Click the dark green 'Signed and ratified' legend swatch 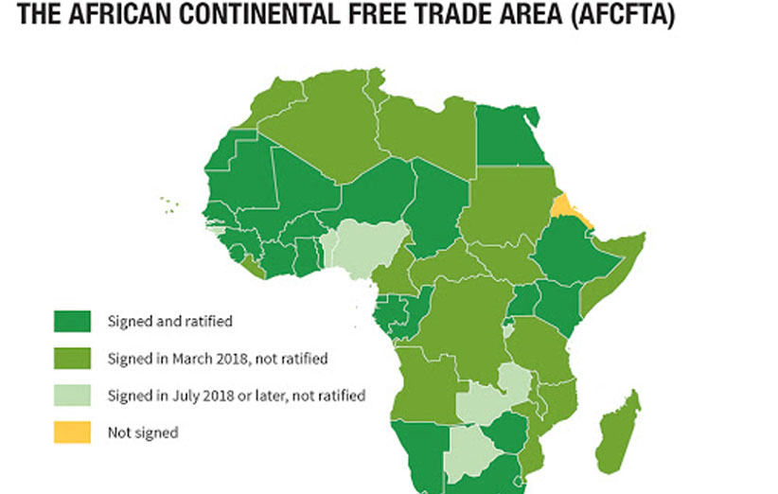point(73,322)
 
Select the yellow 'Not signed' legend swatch point(73,432)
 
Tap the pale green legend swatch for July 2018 point(73,396)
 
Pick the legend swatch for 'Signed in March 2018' point(73,359)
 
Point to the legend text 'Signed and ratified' point(169,322)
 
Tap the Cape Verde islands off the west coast point(169,204)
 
